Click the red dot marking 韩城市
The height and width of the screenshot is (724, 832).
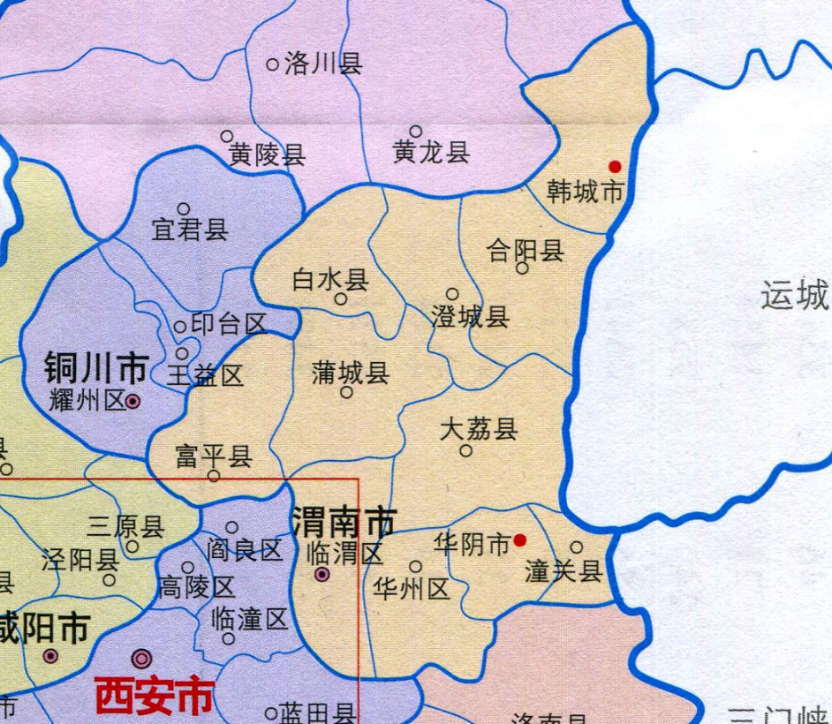pyautogui.click(x=616, y=166)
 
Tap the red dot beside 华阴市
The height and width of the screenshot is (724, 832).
pyautogui.click(x=521, y=539)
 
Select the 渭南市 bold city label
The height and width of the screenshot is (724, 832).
pyautogui.click(x=343, y=524)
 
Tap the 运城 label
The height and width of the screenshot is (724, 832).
pyautogui.click(x=795, y=295)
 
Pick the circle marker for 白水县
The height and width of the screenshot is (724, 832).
pyautogui.click(x=341, y=298)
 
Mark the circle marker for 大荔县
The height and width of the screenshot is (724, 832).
pyautogui.click(x=466, y=451)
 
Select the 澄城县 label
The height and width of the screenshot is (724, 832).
pyautogui.click(x=470, y=317)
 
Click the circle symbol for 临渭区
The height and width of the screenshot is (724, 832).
pyautogui.click(x=322, y=575)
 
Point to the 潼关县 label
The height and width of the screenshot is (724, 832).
pyautogui.click(x=563, y=571)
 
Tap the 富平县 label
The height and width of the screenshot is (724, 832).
pyautogui.click(x=213, y=456)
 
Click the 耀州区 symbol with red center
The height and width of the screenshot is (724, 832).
pyautogui.click(x=132, y=401)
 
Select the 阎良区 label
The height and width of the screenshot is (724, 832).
pyautogui.click(x=245, y=550)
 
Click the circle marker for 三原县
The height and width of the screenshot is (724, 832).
pyautogui.click(x=132, y=547)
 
